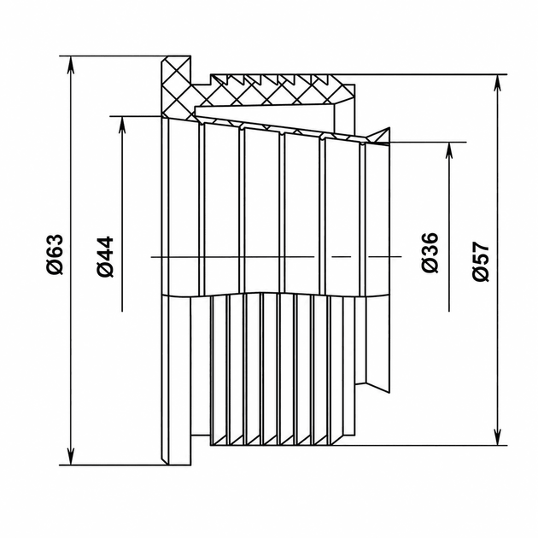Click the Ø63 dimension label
[x=56, y=254]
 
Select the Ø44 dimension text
[x=105, y=256]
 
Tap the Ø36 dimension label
[x=430, y=253]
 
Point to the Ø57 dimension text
[x=480, y=261]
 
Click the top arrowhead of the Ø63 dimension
[x=70, y=65]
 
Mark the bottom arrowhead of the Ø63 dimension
[x=70, y=456]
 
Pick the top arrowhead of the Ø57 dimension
[x=497, y=84]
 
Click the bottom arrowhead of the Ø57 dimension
[x=497, y=436]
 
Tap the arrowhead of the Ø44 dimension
[x=122, y=126]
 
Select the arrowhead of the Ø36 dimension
[x=449, y=151]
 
